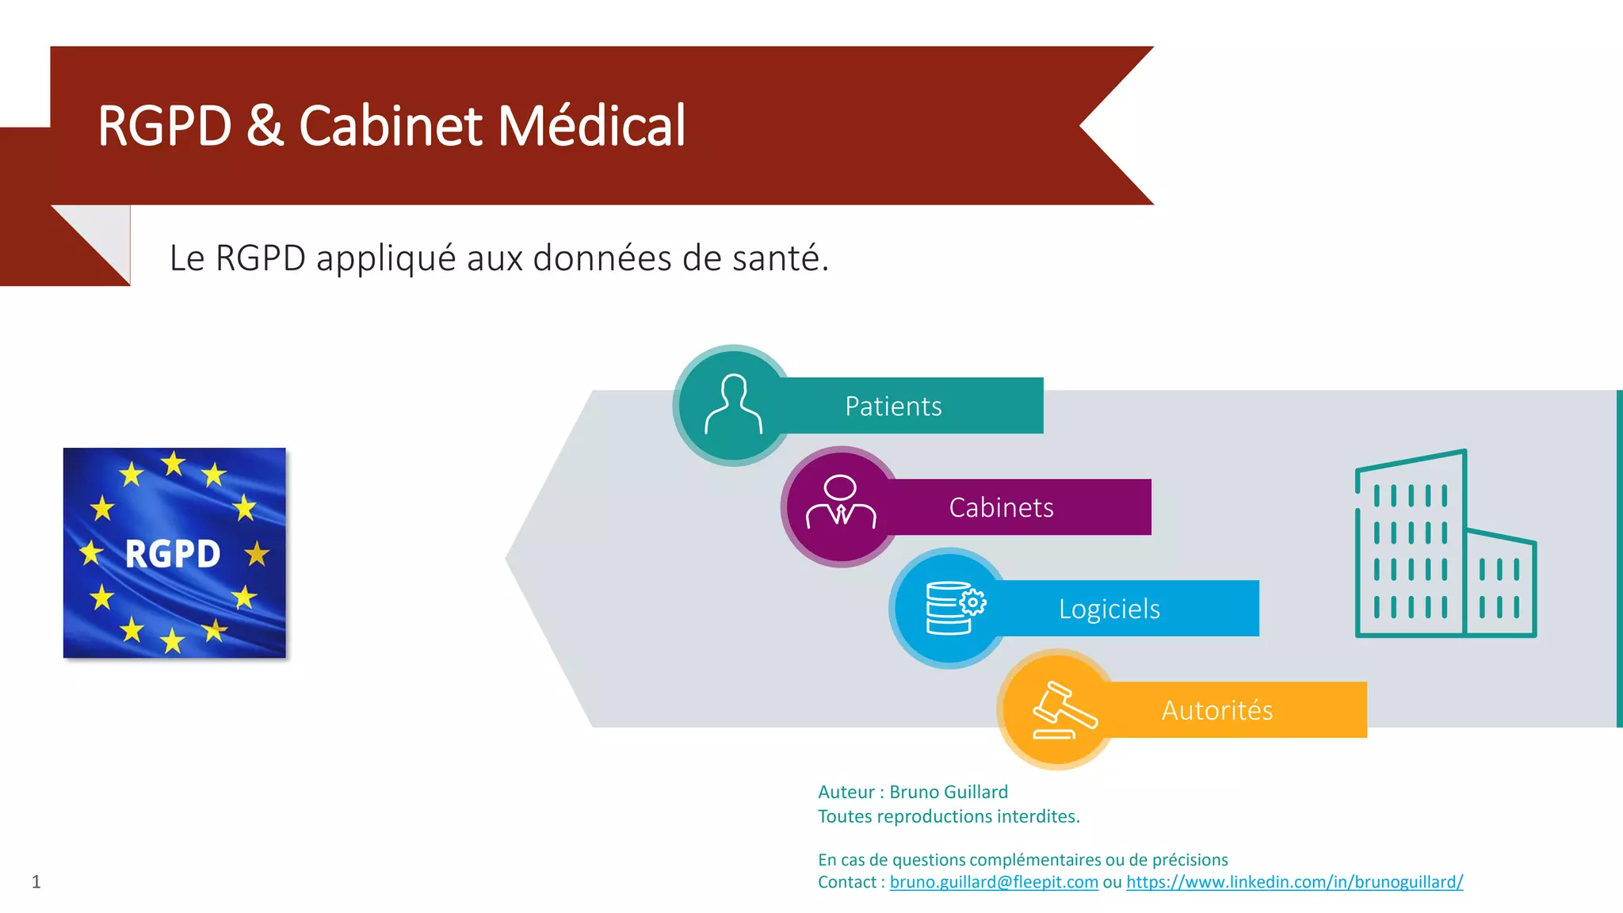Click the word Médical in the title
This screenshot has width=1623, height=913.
click(591, 126)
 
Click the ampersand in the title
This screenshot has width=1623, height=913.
click(265, 126)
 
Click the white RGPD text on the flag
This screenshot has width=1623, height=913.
click(173, 554)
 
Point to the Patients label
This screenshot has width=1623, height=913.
click(893, 407)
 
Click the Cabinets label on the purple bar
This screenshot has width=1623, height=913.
click(1001, 507)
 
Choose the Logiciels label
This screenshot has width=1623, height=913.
click(1109, 609)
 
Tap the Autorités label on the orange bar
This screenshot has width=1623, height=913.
click(1217, 710)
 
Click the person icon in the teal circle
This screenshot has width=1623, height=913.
click(734, 404)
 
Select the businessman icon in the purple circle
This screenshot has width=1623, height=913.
click(841, 502)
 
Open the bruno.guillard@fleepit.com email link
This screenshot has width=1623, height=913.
click(994, 882)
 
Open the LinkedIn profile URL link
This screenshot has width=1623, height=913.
click(1294, 882)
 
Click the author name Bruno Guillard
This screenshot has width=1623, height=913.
click(949, 792)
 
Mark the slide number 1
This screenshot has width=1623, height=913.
click(36, 882)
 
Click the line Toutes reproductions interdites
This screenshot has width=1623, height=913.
click(949, 816)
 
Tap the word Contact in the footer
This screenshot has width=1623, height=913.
click(846, 882)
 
